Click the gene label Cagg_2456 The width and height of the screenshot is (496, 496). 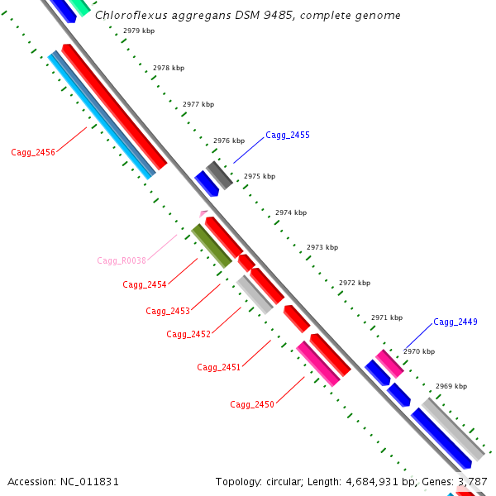pos(33,152)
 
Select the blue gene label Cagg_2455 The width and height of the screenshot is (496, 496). pos(288,135)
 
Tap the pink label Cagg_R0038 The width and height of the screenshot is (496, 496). pos(122,260)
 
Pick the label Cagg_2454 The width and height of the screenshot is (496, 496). pos(145,284)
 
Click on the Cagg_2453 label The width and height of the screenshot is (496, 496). pos(168,311)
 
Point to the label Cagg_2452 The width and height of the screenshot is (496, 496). pos(188,334)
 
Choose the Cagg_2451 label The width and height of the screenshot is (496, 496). pos(219,367)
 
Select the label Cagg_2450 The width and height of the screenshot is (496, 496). pos(252,404)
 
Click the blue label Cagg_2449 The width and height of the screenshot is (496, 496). pos(455,322)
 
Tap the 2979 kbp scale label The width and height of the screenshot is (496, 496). pos(138,31)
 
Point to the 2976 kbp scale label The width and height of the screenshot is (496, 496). pos(229,141)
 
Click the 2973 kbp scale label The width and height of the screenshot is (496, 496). pos(322,247)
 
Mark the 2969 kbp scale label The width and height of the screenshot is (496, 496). pos(451,386)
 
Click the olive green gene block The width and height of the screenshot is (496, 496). pos(212,246)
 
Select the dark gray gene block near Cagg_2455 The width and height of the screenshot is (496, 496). pos(219,174)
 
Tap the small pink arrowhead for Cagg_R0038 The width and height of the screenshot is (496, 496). pos(203,213)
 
